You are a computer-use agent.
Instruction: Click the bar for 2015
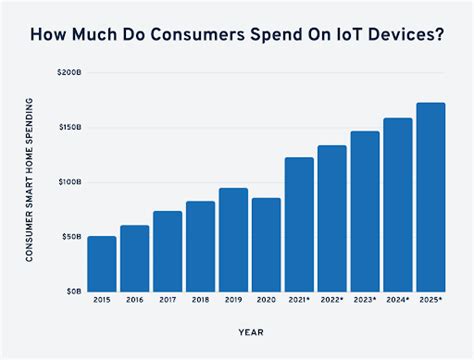101,263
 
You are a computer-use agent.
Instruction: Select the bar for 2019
233,239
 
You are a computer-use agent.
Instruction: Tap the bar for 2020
266,244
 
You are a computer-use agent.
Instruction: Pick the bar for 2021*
299,224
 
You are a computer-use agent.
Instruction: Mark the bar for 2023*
364,211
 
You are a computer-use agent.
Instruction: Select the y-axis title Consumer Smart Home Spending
30,182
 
